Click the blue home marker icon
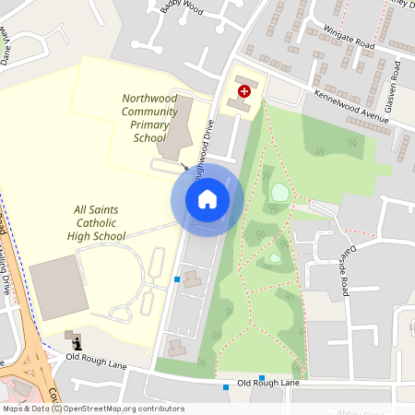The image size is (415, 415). coord(207,199)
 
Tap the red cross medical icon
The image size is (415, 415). coord(244,91)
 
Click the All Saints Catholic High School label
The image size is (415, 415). coord(96,223)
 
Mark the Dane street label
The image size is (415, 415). coord(7,43)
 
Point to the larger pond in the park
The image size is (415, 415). coord(279,193)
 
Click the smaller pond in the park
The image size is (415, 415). coord(275,258)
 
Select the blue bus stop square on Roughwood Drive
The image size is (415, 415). coord(177,279)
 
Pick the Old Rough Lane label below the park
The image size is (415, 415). coord(268,384)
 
